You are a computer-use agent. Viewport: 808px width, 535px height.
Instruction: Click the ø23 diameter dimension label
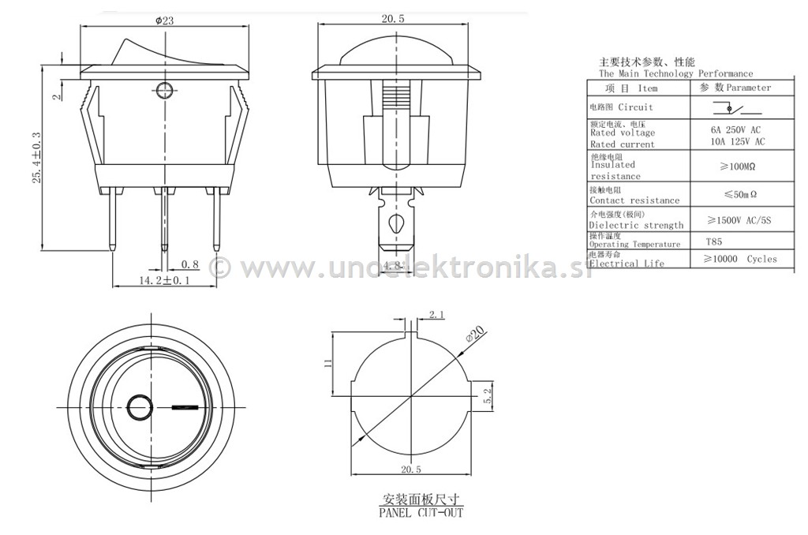[165, 21]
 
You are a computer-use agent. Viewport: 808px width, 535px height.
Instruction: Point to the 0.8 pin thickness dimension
[189, 264]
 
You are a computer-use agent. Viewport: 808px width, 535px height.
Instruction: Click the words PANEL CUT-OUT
[421, 513]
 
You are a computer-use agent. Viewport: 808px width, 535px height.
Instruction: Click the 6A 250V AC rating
[735, 129]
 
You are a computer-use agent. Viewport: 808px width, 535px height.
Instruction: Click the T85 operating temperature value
[713, 242]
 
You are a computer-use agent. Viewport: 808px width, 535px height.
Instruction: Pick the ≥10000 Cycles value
[739, 259]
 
